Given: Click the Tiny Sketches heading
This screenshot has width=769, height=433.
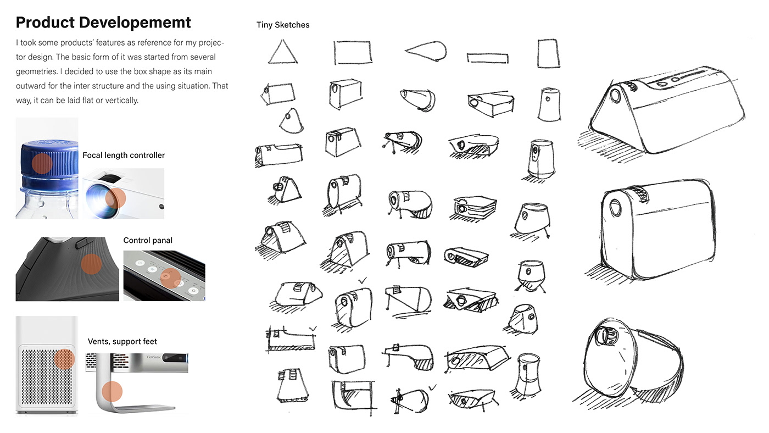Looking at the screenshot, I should [x=283, y=25].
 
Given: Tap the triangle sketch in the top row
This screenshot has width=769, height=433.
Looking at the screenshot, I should [x=283, y=52].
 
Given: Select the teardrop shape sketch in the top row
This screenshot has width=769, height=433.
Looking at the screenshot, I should [x=425, y=51].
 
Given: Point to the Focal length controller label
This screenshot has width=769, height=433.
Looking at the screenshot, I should [x=124, y=156].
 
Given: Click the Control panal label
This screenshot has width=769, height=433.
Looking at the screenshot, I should [x=148, y=241].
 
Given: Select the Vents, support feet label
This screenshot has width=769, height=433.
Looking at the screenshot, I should [x=122, y=342].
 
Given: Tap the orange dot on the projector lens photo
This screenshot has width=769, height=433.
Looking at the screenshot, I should [x=115, y=197].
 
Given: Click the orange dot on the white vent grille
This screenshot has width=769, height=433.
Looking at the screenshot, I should [x=64, y=358].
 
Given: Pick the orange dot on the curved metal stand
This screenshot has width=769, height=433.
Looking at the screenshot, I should [x=112, y=391].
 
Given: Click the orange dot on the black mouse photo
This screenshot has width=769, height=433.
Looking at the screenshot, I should [x=91, y=264].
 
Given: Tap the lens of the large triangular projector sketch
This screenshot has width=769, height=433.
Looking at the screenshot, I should [x=615, y=96].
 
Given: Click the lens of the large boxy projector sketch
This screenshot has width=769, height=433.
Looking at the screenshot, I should [x=616, y=209].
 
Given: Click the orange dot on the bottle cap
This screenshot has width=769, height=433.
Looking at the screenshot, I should [x=41, y=163].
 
